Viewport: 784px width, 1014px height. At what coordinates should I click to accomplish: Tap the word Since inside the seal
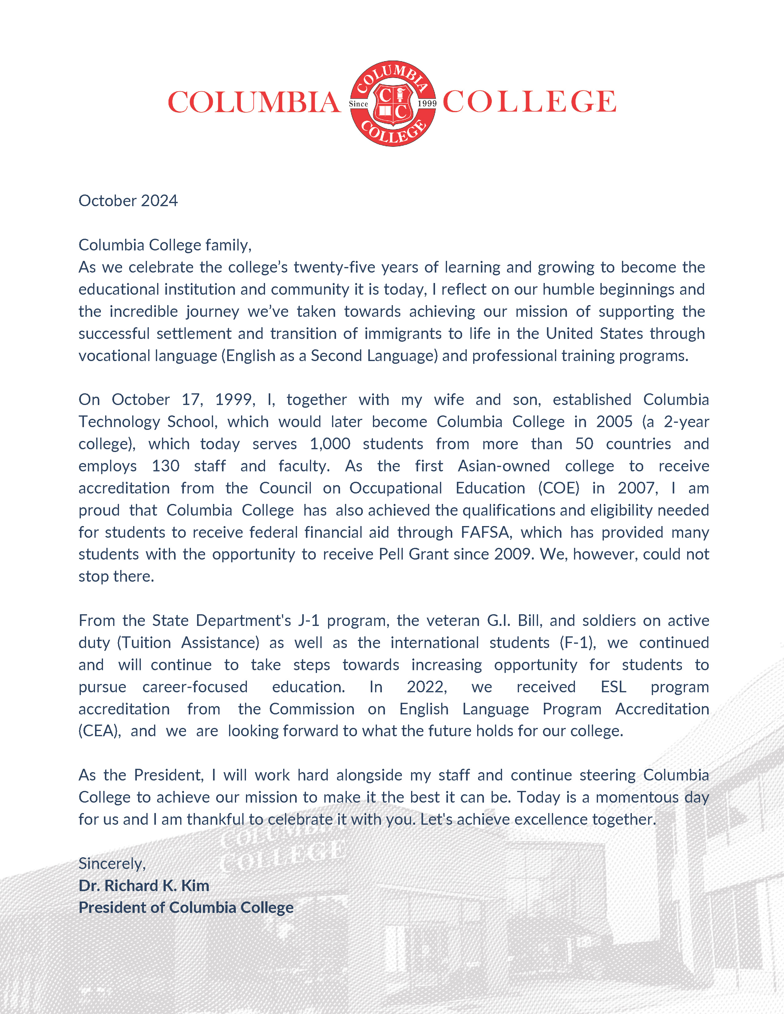pyautogui.click(x=358, y=104)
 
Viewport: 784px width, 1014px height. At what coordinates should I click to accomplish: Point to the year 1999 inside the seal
pyautogui.click(x=427, y=104)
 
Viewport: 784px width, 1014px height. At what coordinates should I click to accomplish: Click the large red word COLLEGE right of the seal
pyautogui.click(x=529, y=102)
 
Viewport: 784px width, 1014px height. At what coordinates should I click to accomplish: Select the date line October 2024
pyautogui.click(x=128, y=201)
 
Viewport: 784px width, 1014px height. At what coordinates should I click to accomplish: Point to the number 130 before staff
pyautogui.click(x=165, y=466)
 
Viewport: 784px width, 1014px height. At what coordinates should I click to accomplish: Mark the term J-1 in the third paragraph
pyautogui.click(x=308, y=621)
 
